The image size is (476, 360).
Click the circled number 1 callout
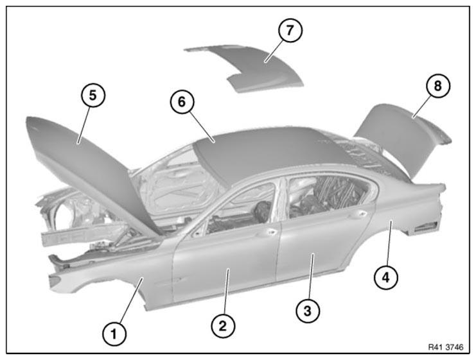click(x=114, y=334)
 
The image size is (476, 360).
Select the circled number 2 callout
click(x=223, y=326)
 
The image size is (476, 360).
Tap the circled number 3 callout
click(x=308, y=311)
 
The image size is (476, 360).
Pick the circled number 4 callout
click(x=386, y=277)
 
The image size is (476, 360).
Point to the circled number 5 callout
click(x=93, y=95)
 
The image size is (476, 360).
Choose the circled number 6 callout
click(x=182, y=101)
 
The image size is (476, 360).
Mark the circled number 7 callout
click(x=290, y=30)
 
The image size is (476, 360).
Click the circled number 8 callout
click(x=437, y=86)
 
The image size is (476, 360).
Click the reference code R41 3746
click(x=446, y=347)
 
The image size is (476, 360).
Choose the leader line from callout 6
click(x=202, y=126)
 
